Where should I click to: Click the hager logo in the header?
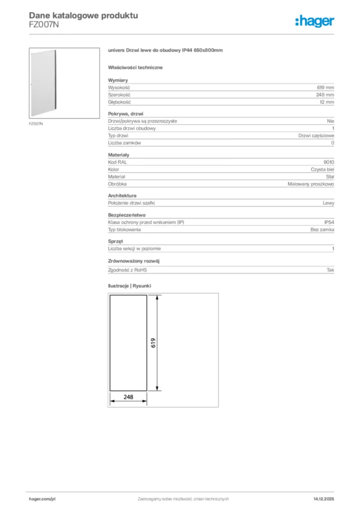pyautogui.click(x=314, y=21)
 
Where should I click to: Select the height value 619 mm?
pyautogui.click(x=325, y=87)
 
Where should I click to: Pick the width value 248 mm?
pyautogui.click(x=325, y=94)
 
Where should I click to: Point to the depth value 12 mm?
pyautogui.click(x=326, y=102)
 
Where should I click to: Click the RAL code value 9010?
pyautogui.click(x=329, y=162)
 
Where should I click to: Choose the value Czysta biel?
pyautogui.click(x=322, y=170)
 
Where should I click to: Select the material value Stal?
pyautogui.click(x=330, y=176)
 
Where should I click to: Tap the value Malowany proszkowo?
pyautogui.click(x=311, y=184)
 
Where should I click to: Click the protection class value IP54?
pyautogui.click(x=329, y=222)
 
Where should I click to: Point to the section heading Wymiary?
pyautogui.click(x=118, y=80)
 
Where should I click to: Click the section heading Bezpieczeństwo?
pyautogui.click(x=127, y=215)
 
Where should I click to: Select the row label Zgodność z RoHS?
pyautogui.click(x=128, y=270)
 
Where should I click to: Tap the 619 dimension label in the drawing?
pyautogui.click(x=154, y=343)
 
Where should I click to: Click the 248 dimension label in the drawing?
pyautogui.click(x=128, y=397)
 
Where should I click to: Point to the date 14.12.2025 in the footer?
pyautogui.click(x=324, y=499)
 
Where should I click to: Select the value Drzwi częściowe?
pyautogui.click(x=316, y=136)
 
